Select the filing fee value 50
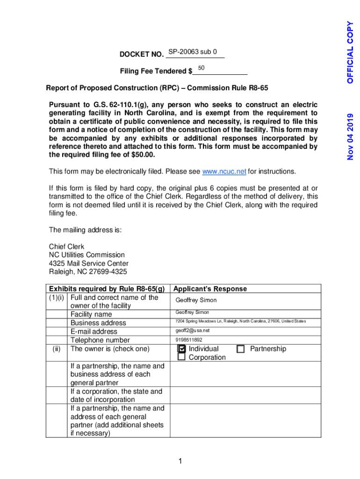click(x=202, y=68)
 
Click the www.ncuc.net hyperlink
click(x=224, y=171)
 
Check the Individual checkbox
click(x=182, y=349)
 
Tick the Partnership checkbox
click(x=241, y=349)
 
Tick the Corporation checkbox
click(x=182, y=357)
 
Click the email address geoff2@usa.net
click(x=189, y=331)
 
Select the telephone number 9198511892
click(x=189, y=340)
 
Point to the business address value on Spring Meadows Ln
click(x=240, y=321)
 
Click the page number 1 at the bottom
click(x=180, y=462)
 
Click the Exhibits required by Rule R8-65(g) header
click(x=107, y=289)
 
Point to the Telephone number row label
click(x=100, y=340)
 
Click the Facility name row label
click(x=91, y=314)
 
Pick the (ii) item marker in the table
click(x=58, y=349)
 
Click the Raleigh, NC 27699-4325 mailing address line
click(x=88, y=272)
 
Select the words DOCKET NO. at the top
click(x=141, y=54)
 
